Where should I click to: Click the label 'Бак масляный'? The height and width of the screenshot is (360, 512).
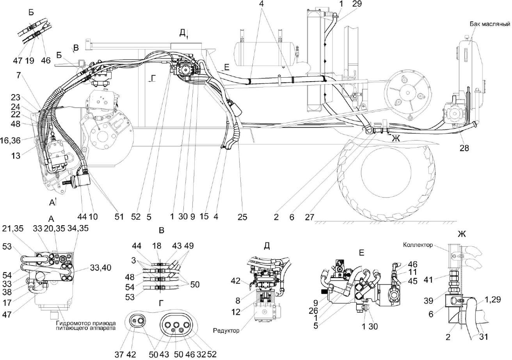click(491, 25)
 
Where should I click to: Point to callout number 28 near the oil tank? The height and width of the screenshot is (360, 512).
click(465, 148)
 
